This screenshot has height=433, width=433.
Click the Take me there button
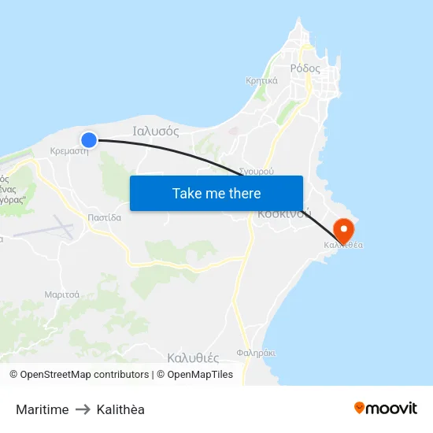(x=216, y=193)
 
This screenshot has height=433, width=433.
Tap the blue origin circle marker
(x=89, y=139)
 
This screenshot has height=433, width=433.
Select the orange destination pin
(x=344, y=230)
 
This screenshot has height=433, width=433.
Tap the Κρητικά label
(x=261, y=80)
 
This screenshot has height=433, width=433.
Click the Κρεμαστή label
(x=68, y=151)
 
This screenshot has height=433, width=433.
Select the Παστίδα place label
(x=105, y=217)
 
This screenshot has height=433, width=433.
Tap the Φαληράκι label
(x=256, y=353)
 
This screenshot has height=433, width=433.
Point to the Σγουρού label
(x=256, y=170)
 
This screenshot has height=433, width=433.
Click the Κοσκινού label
(x=284, y=213)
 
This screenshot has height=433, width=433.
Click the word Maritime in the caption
(x=42, y=409)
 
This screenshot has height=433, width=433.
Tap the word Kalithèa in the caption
(x=120, y=409)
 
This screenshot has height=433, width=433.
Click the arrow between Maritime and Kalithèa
(x=83, y=409)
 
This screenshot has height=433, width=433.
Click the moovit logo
(x=385, y=408)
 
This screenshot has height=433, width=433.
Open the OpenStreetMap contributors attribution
(x=84, y=375)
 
